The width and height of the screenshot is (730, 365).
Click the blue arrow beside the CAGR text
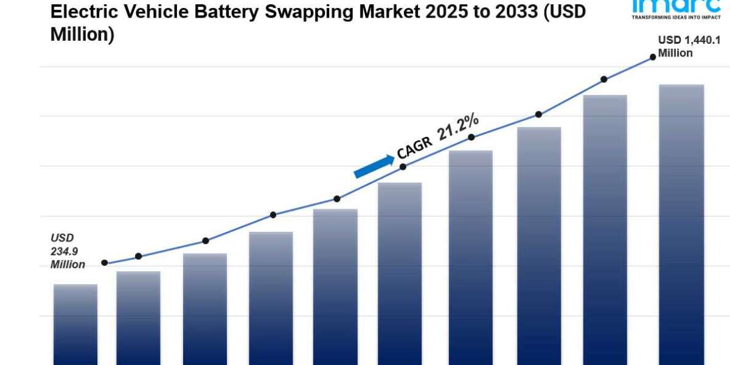(374, 166)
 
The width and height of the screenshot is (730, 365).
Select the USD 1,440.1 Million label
(684, 46)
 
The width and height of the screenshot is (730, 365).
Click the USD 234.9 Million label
(68, 251)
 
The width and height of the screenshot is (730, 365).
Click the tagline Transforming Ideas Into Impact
(676, 17)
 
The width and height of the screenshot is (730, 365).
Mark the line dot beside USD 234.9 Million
(105, 263)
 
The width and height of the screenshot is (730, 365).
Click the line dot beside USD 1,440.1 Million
(653, 57)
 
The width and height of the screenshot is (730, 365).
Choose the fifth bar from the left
(335, 286)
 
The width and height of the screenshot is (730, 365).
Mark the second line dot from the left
(139, 256)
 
